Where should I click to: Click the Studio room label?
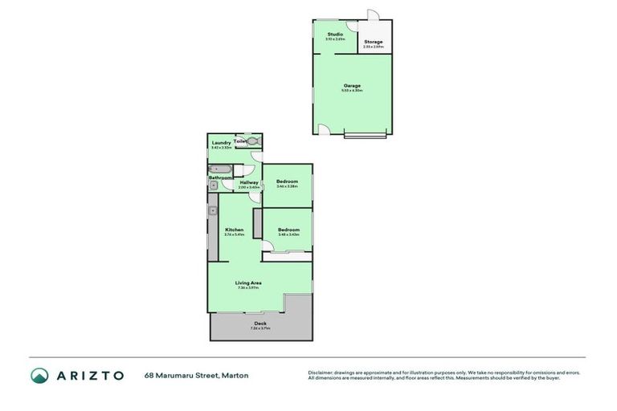334,35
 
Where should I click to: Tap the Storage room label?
373,42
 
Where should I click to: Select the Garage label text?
352,86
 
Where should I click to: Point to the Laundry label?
221,143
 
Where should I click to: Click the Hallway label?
249,182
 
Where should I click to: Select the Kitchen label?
234,230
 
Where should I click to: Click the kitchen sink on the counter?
213,211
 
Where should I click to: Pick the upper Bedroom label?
287,181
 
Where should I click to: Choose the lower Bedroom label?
288,230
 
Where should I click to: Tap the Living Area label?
248,283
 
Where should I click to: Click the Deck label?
260,324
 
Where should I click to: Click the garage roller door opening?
366,135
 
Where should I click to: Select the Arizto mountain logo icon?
39,375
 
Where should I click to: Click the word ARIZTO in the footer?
89,375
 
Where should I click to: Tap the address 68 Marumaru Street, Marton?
196,375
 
